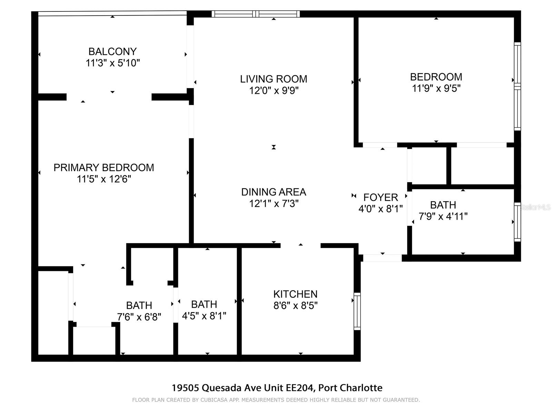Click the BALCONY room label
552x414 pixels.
(x=112, y=51)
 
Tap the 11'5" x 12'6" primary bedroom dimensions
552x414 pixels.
(x=104, y=179)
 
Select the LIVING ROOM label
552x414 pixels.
(x=274, y=79)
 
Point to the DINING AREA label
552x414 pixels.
(x=274, y=192)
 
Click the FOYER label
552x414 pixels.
(x=381, y=197)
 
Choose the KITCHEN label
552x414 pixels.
(x=295, y=294)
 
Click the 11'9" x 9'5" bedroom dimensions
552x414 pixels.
(x=436, y=88)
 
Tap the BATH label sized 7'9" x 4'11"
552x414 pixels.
(x=443, y=205)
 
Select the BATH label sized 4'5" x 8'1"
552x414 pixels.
(x=204, y=304)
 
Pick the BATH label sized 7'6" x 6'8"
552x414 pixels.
(x=139, y=305)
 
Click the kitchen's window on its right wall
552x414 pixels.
(x=357, y=311)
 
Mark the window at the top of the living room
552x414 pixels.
(x=256, y=14)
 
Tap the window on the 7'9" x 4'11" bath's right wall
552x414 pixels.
(x=517, y=222)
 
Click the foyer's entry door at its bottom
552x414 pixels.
(x=382, y=258)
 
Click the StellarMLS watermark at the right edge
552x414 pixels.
(x=535, y=207)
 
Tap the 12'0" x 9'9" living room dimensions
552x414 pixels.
(x=274, y=91)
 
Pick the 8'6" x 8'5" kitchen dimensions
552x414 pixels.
(x=295, y=306)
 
